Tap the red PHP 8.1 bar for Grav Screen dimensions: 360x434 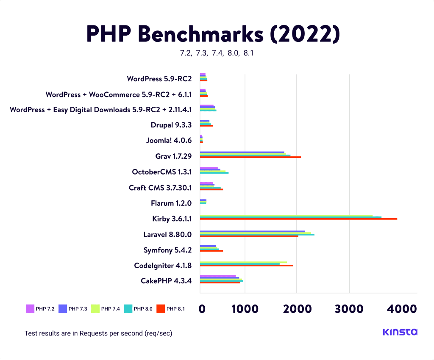tap(250, 157)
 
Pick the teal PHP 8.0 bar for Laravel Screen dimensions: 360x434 tap(257, 234)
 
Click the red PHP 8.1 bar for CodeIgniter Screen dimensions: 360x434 tap(246, 266)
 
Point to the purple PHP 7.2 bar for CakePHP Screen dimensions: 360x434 tap(218, 276)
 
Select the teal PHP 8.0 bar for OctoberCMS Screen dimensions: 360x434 tap(214, 173)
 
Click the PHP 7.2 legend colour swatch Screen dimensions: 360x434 tap(30, 309)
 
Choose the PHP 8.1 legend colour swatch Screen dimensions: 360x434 tap(160, 309)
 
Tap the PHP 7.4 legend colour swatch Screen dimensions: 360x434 tap(95, 309)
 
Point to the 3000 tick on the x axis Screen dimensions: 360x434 tap(349, 309)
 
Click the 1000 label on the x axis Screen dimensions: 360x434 tap(245, 309)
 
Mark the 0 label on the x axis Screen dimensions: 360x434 tap(202, 309)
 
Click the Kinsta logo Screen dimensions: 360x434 tap(400, 332)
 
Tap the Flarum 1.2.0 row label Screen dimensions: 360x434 tap(171, 203)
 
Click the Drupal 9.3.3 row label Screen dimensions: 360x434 tap(171, 125)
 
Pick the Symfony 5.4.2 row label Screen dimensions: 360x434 tap(167, 250)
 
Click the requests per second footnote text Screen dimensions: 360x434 tap(98, 333)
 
